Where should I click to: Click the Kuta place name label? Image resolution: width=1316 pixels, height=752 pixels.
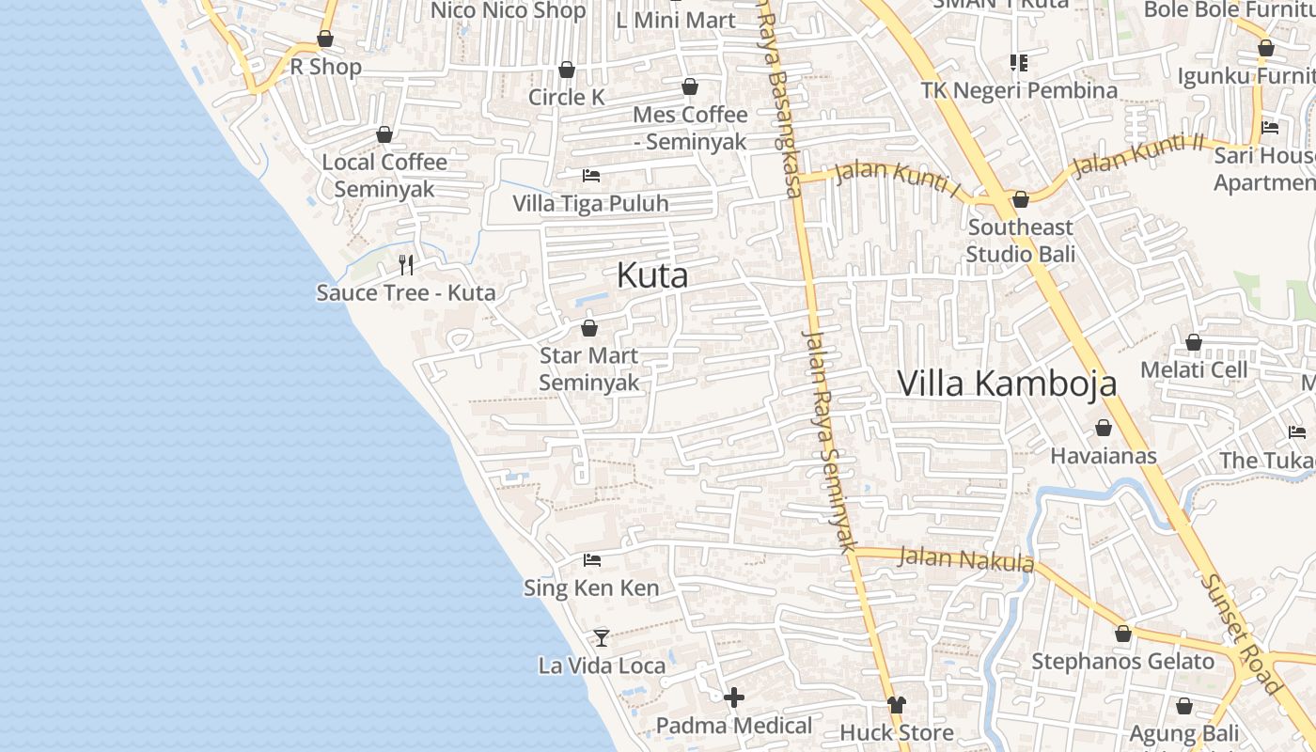652,275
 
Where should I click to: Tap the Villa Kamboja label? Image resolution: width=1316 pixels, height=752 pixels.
1007,384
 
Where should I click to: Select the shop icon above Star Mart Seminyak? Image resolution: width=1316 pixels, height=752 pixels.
589,328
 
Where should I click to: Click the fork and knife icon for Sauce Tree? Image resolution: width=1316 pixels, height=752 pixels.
406,264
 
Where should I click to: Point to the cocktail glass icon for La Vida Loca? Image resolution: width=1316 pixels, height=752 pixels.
602,637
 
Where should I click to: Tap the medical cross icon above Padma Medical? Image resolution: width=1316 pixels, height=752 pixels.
734,697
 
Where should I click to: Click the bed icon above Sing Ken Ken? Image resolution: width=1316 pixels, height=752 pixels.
591,560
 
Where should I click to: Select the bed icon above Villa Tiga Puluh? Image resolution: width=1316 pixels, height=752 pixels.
590,176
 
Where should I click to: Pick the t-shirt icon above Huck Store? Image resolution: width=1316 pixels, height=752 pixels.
896,704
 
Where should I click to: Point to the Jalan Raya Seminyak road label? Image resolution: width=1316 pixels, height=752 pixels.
831,440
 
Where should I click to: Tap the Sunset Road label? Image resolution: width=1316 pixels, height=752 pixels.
1241,634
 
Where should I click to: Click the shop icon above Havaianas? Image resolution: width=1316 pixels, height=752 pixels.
1104,429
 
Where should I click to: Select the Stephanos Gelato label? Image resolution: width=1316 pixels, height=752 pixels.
1123,662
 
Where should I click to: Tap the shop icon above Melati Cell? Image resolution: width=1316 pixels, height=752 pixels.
1194,342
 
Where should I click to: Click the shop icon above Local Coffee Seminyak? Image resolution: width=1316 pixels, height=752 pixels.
384,134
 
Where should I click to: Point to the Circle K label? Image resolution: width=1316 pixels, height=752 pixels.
567,98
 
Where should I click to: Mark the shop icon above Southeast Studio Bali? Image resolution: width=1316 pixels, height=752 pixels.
1021,199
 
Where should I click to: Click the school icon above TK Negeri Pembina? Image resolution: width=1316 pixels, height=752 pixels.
1019,63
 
